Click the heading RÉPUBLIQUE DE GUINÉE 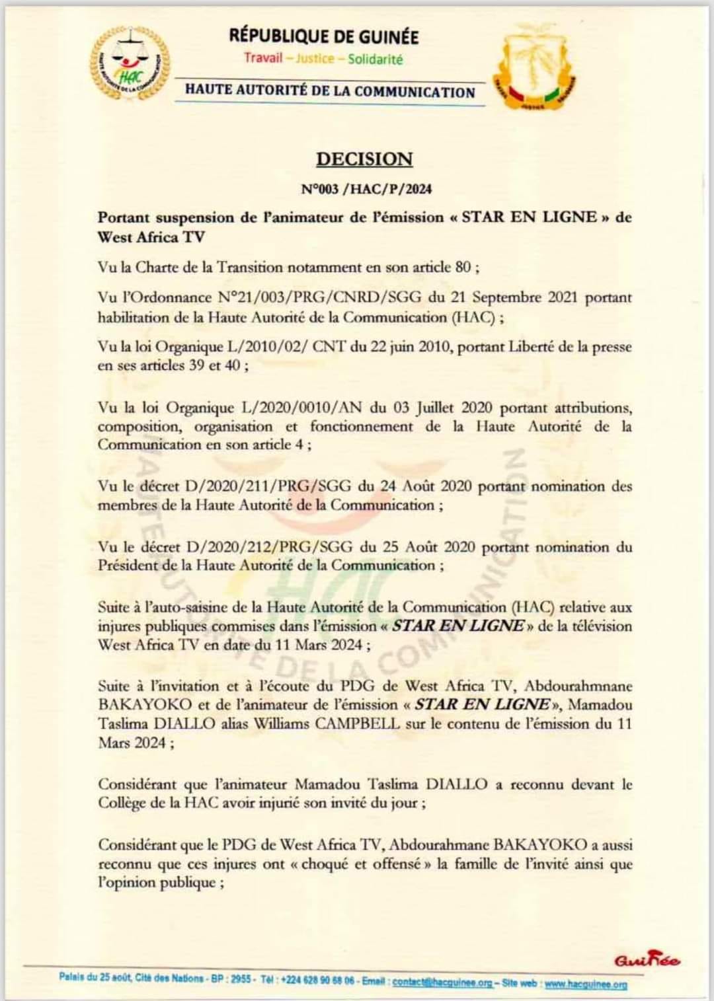point(324,36)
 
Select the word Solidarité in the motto point(375,59)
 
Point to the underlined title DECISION point(364,159)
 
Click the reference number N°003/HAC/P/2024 point(366,189)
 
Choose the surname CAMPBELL point(357,723)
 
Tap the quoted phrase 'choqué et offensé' point(362,864)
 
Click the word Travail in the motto point(263,57)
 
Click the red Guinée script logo point(647,961)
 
